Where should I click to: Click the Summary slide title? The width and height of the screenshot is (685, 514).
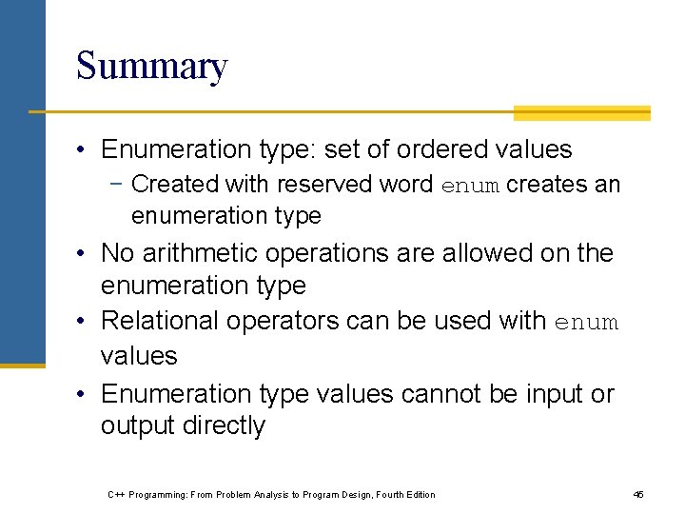pyautogui.click(x=151, y=67)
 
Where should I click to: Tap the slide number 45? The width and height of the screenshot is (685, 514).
pyautogui.click(x=638, y=494)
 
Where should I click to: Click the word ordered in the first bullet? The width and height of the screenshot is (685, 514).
pyautogui.click(x=446, y=149)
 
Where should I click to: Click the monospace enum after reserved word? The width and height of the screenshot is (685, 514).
pyautogui.click(x=470, y=186)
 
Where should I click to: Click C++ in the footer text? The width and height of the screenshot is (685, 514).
pyautogui.click(x=117, y=494)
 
